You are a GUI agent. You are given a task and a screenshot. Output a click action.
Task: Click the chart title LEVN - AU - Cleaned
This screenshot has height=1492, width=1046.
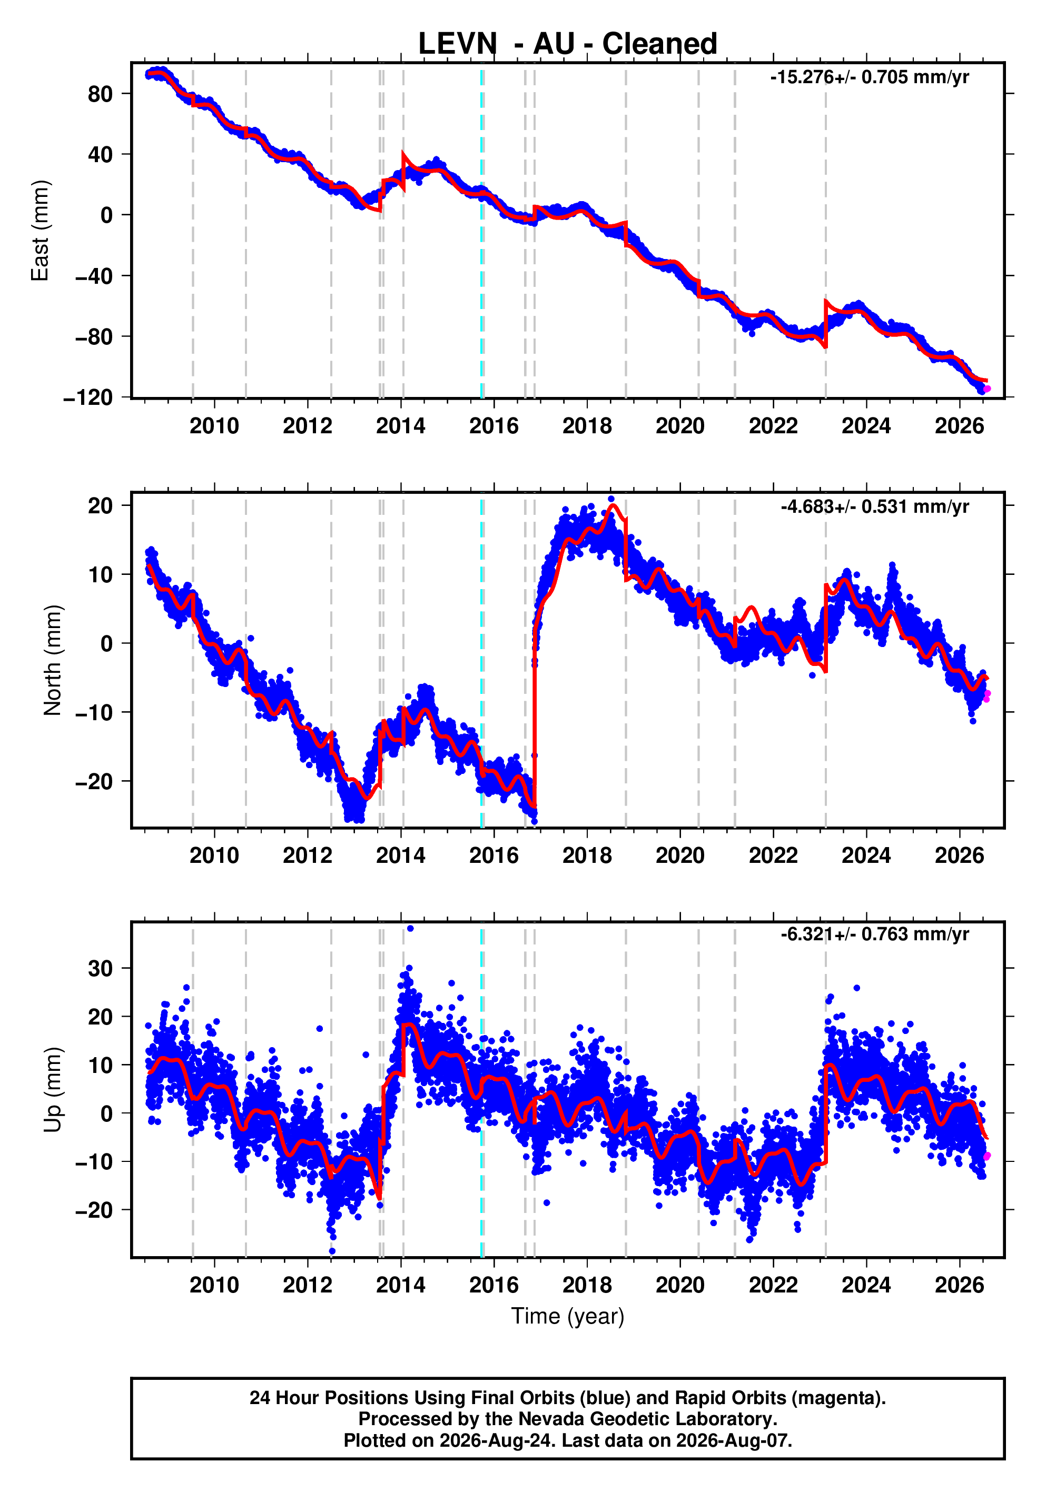coord(568,44)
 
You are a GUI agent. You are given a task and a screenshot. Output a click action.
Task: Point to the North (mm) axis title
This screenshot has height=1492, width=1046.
coord(52,660)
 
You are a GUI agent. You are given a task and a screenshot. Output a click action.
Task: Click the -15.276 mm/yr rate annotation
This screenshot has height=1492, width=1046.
coord(869,77)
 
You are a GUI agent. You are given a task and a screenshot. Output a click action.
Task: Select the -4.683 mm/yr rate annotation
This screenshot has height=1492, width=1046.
coord(874,506)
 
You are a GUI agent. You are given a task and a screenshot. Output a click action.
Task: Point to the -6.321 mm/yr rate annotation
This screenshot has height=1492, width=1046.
coord(874,934)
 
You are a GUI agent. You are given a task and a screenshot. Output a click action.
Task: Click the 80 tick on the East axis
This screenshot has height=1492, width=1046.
coord(100,94)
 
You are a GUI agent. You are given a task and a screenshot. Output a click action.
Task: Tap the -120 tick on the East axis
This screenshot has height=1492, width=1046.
coord(88,397)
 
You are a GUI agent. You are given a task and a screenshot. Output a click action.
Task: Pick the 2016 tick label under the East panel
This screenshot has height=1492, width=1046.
coord(494,426)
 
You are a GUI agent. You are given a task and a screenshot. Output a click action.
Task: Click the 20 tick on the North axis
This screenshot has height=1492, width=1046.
coord(100,505)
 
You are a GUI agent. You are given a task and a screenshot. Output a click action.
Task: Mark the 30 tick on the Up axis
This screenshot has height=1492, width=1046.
coord(100,968)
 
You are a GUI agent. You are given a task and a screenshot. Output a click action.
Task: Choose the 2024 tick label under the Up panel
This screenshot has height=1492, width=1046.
coord(866,1285)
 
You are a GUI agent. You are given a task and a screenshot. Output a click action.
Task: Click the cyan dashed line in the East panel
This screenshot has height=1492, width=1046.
coord(482,231)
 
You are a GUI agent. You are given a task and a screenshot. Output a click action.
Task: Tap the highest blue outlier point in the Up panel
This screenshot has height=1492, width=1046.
coord(410,929)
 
